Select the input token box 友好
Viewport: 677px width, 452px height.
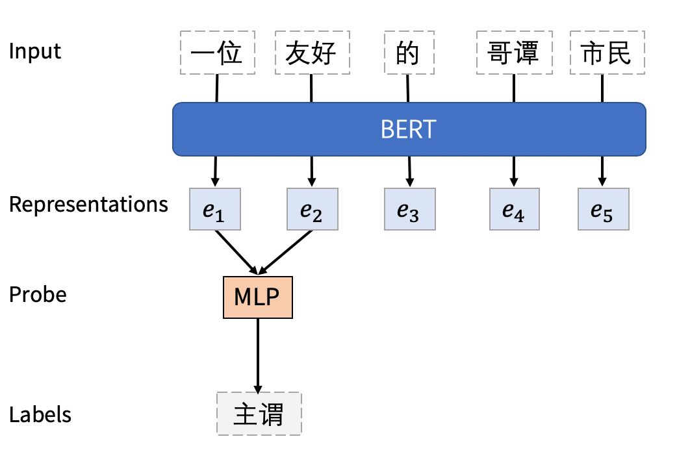click(312, 53)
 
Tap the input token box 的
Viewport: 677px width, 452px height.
click(407, 53)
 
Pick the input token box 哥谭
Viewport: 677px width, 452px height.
click(513, 53)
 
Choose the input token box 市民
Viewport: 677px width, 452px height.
click(607, 53)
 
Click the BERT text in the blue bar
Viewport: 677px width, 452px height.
click(408, 130)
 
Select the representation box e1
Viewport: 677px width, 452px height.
click(215, 209)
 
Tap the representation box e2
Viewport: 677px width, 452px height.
click(312, 209)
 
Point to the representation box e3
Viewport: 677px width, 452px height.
click(409, 209)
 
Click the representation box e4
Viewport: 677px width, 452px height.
click(514, 209)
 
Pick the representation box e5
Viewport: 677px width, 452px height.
click(603, 209)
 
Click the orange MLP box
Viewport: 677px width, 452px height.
click(258, 297)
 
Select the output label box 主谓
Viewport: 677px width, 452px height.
click(259, 414)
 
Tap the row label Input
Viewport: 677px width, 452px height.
click(35, 51)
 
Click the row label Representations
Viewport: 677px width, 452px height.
click(88, 205)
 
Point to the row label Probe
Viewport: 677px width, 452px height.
click(38, 295)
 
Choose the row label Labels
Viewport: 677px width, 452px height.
click(40, 415)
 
